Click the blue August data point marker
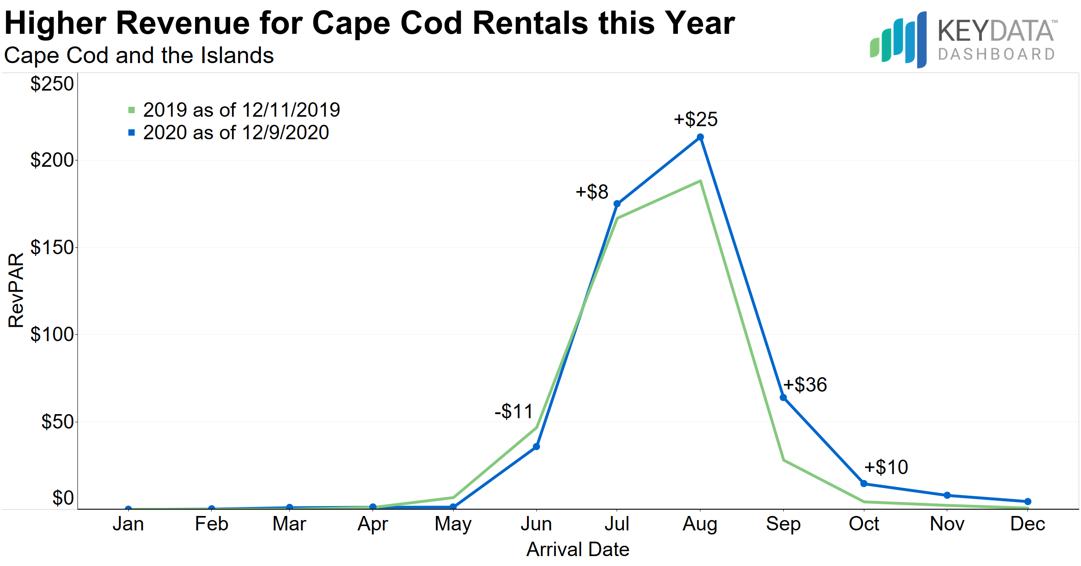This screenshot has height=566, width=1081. coord(700,137)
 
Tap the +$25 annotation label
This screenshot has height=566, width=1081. coord(695,119)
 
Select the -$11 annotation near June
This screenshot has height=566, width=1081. coord(513,411)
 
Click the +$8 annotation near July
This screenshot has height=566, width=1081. coord(592,192)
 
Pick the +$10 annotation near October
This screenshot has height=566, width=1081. coord(886,467)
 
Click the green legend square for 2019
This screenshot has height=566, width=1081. coord(132,110)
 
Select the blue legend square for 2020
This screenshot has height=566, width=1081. coord(132,132)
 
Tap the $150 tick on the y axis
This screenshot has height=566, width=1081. coord(51,247)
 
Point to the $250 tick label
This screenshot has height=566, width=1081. coord(51,84)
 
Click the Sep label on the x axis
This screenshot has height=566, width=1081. coord(783,524)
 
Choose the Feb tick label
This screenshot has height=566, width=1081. coord(211,524)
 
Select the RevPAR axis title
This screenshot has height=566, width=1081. coord(16,290)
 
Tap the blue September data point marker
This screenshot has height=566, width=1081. coord(783,397)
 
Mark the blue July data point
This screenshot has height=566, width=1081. coord(617,204)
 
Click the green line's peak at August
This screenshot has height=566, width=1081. coord(700,181)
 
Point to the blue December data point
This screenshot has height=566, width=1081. coord(1028,502)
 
